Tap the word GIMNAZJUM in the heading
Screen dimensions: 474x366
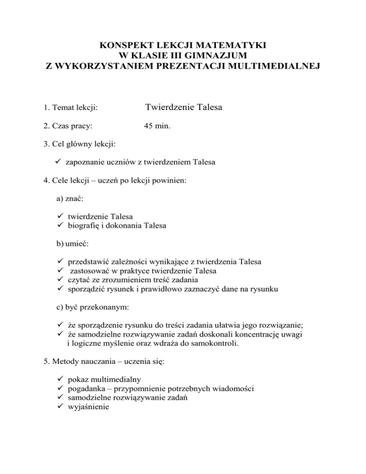point(214,57)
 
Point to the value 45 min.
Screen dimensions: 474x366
point(157,127)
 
